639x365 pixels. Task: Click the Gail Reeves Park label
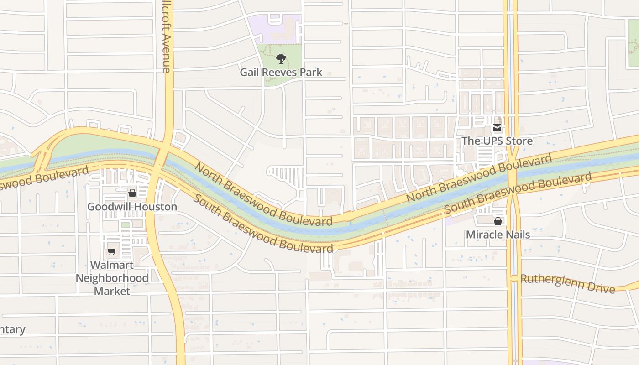pyautogui.click(x=281, y=72)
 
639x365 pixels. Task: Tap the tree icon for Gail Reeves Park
pyautogui.click(x=281, y=59)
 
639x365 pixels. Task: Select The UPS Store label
pyautogui.click(x=497, y=141)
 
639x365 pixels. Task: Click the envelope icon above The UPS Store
pyautogui.click(x=497, y=128)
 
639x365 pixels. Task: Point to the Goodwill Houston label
pyautogui.click(x=132, y=207)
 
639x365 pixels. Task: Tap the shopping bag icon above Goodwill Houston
pyautogui.click(x=132, y=193)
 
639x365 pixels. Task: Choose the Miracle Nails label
pyautogui.click(x=498, y=235)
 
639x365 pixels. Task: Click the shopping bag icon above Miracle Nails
pyautogui.click(x=498, y=221)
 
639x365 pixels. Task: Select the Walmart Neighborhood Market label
pyautogui.click(x=112, y=278)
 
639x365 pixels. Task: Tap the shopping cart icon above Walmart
pyautogui.click(x=111, y=251)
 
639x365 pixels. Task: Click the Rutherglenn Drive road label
pyautogui.click(x=568, y=283)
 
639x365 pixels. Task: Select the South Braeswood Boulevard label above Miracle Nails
pyautogui.click(x=518, y=192)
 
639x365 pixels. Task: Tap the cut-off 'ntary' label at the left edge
pyautogui.click(x=13, y=329)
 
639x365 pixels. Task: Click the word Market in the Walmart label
pyautogui.click(x=112, y=291)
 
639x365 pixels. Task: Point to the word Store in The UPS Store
pyautogui.click(x=519, y=141)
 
